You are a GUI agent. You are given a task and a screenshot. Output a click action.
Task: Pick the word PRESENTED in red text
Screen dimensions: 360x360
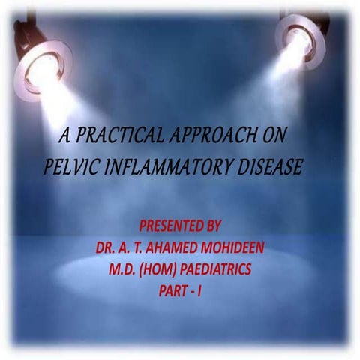click(171, 226)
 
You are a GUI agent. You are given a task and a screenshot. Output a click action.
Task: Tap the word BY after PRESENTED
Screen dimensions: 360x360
click(223, 226)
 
